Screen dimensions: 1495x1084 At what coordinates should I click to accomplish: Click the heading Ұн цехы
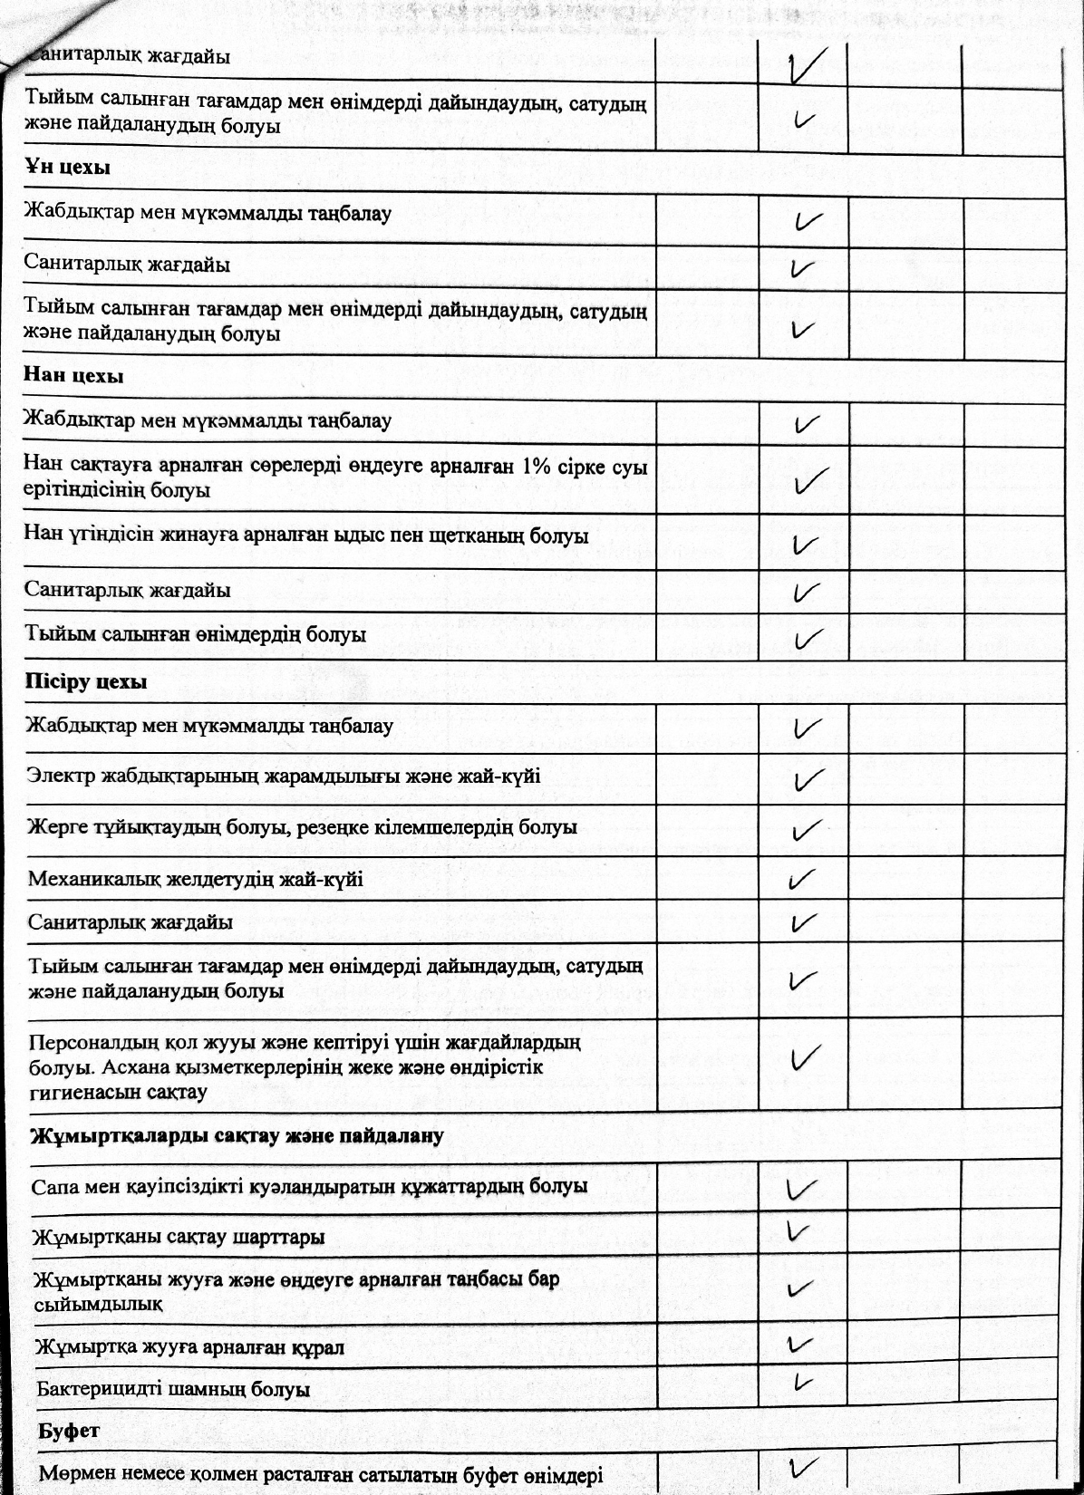[x=67, y=169]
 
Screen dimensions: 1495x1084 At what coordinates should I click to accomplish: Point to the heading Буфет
[x=68, y=1431]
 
